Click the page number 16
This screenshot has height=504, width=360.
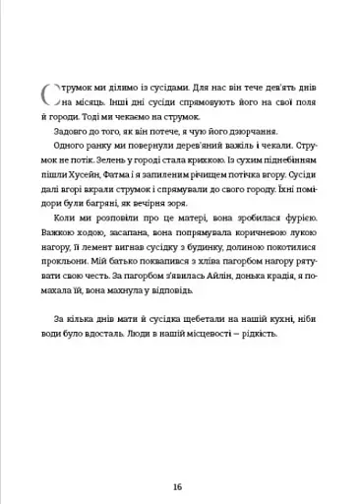177,458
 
